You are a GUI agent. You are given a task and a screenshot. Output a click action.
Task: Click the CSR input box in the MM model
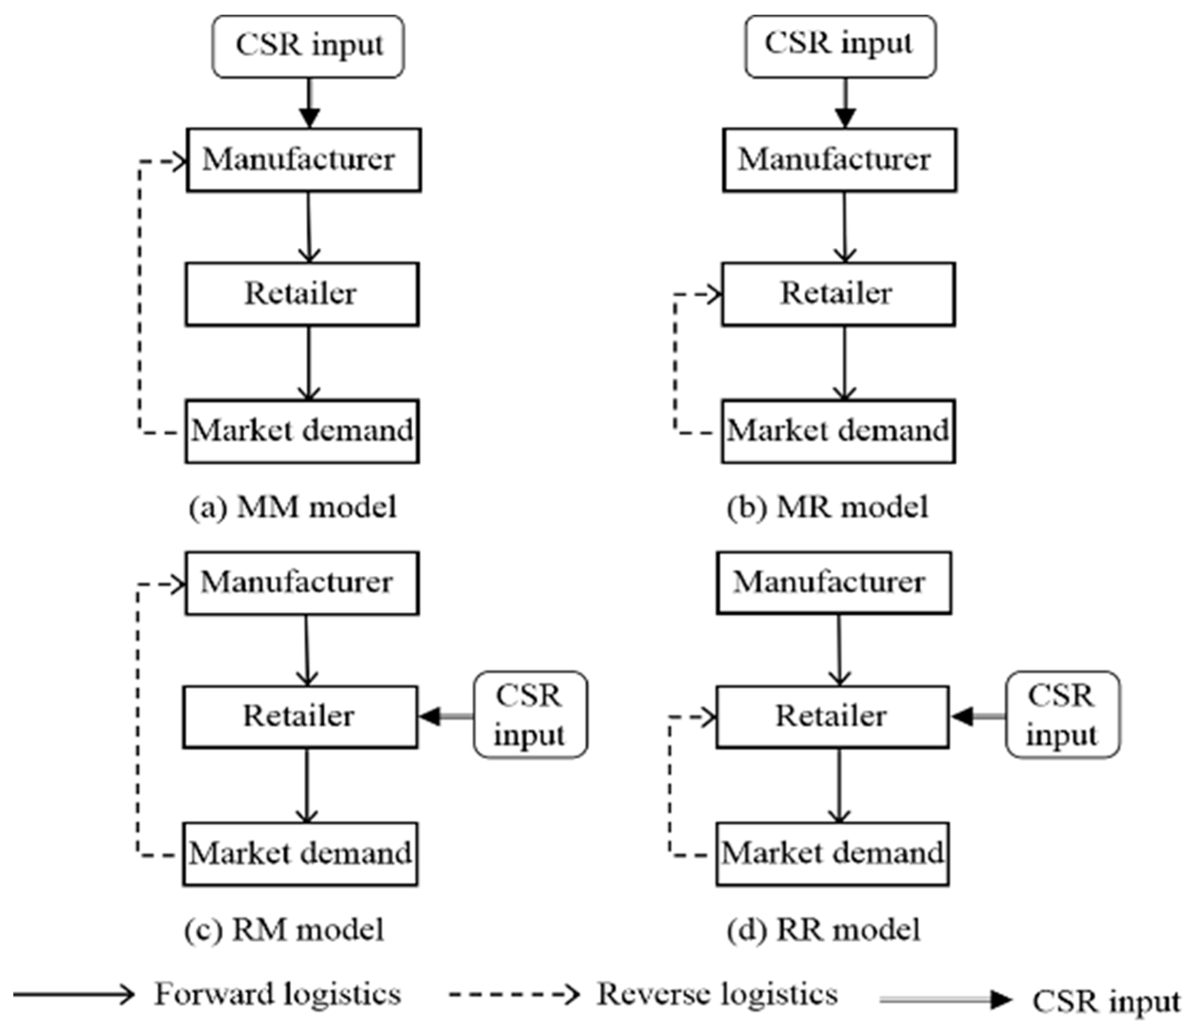tap(308, 46)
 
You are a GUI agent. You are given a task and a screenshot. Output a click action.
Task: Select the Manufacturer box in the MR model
tap(839, 160)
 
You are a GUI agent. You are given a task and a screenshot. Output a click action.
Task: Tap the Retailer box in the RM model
tap(300, 716)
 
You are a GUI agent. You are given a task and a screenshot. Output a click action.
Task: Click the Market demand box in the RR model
tap(833, 853)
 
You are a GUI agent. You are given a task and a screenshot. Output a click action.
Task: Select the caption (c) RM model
tap(284, 930)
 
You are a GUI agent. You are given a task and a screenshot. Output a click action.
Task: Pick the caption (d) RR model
tap(823, 930)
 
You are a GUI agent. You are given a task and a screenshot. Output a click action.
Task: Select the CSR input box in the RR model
tap(1062, 715)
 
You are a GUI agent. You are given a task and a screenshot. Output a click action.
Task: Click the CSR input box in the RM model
tap(530, 715)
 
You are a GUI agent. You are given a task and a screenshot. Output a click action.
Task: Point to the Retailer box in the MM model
tap(302, 294)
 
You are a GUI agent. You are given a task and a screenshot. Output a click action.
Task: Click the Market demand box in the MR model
tap(838, 431)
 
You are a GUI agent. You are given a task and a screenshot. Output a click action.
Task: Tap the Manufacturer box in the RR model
tap(834, 582)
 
